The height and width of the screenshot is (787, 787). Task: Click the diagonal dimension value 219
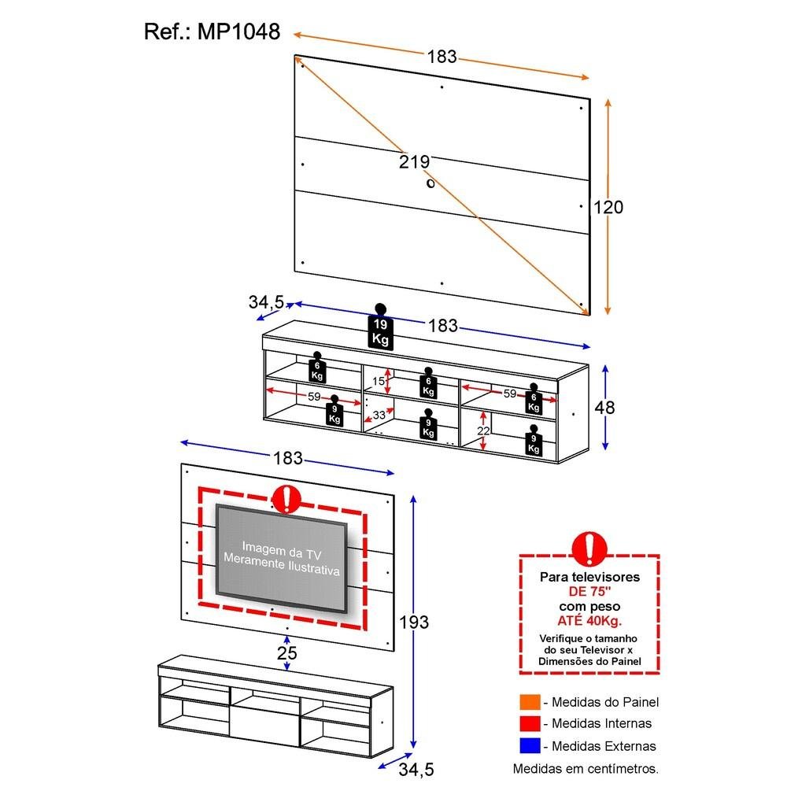coord(414,162)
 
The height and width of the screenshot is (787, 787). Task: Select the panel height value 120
coord(608,207)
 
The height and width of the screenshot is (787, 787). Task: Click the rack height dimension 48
coord(605,408)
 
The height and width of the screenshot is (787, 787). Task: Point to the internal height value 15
coord(378,382)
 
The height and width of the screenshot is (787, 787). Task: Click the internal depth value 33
coord(379,415)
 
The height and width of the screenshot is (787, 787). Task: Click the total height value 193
coord(413,622)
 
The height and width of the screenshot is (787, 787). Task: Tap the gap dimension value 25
coord(287,653)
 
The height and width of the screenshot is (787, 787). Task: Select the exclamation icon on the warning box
coord(589,548)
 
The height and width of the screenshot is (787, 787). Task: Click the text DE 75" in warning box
coord(589,592)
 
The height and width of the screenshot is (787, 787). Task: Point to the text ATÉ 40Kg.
coord(589,621)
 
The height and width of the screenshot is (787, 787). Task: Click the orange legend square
coord(529,702)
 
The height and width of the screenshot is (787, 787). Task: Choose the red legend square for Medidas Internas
coord(529,723)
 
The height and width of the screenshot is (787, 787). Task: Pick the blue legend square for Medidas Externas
coord(529,745)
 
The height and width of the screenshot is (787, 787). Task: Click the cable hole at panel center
coord(430,183)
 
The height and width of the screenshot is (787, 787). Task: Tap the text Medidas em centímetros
coord(586,768)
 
